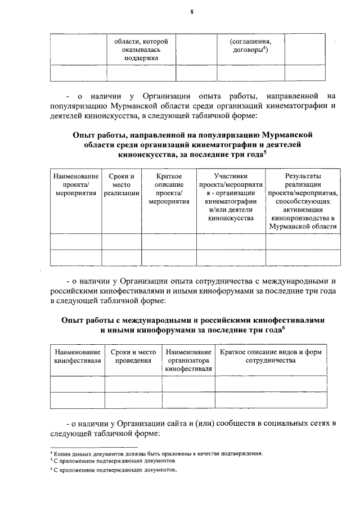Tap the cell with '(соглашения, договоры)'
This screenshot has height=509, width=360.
(250, 46)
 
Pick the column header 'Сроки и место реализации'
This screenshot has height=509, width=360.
(121, 184)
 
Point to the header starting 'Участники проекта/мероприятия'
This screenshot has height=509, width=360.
(231, 197)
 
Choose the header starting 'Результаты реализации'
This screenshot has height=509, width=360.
(303, 201)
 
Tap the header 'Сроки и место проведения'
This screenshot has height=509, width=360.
(133, 356)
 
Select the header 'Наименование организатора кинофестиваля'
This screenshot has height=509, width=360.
(188, 360)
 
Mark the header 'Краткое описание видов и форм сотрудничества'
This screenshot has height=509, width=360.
(271, 356)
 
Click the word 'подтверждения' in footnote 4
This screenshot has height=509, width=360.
(242, 453)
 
